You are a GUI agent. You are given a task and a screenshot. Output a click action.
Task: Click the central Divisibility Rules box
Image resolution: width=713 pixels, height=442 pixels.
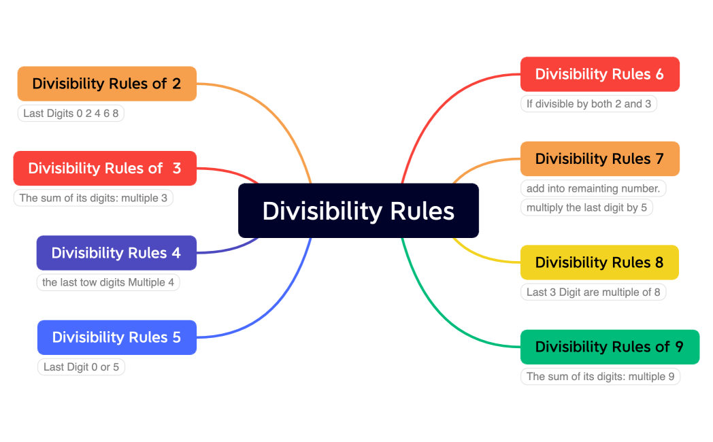(x=359, y=211)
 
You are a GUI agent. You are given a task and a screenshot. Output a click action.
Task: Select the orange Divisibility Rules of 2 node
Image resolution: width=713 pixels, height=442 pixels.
(x=107, y=84)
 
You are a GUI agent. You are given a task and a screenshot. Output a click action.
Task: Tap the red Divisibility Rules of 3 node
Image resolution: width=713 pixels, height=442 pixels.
(x=105, y=168)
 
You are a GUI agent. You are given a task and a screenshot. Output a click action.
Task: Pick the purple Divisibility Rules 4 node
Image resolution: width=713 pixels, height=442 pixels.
(x=116, y=253)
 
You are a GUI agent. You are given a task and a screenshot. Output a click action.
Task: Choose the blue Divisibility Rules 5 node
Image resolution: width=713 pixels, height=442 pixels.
(x=116, y=337)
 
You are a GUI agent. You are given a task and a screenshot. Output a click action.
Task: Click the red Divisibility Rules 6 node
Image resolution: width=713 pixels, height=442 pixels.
(x=599, y=74)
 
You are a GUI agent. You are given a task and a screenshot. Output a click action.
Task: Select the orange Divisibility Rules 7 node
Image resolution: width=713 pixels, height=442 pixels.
(x=599, y=158)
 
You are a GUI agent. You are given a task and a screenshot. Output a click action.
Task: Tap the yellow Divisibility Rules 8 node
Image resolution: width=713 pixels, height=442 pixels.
(x=599, y=262)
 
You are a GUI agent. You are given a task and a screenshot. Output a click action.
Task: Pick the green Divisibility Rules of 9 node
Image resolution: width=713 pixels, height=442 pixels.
(x=610, y=347)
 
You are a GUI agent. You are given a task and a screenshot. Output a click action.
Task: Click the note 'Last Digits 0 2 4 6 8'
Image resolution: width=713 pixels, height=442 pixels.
(x=71, y=114)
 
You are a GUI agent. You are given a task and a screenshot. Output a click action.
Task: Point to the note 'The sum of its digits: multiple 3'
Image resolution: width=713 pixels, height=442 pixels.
(x=93, y=198)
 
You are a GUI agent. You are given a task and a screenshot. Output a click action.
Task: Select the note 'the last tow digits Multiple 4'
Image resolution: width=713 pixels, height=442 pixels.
(x=108, y=282)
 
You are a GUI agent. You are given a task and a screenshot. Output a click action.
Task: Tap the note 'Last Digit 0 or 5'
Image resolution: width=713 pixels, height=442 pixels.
(x=81, y=367)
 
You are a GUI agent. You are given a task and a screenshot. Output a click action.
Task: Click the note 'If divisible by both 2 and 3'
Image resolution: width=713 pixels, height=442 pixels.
(x=588, y=104)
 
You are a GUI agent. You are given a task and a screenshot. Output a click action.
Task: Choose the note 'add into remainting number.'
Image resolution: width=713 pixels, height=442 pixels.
(x=593, y=188)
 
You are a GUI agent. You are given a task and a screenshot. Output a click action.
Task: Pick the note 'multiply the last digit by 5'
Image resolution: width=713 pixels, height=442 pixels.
(x=586, y=207)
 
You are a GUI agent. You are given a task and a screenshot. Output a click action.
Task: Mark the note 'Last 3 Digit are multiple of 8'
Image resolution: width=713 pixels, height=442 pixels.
(x=593, y=292)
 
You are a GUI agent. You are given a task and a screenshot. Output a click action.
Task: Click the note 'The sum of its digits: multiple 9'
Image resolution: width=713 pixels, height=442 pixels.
(x=600, y=377)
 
